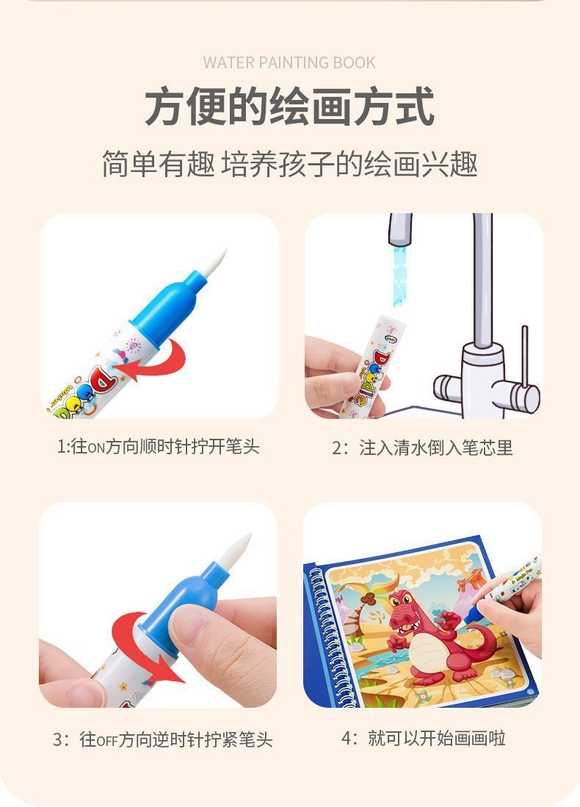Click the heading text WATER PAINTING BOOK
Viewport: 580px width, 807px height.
coord(289,62)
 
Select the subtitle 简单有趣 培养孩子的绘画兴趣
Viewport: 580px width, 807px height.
coord(289,164)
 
